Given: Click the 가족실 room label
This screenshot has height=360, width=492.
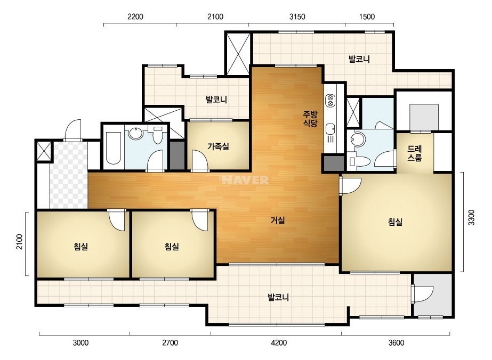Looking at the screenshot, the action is tap(218, 146).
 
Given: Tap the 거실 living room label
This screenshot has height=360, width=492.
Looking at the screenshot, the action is tap(278, 220).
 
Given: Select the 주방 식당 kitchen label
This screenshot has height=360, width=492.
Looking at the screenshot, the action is tap(310, 118).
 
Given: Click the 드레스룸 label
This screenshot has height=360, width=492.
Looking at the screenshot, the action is tap(415, 153).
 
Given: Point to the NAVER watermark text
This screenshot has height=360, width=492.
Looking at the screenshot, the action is tap(245, 180).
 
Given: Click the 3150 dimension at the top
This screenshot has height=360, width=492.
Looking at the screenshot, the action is tap(297, 17).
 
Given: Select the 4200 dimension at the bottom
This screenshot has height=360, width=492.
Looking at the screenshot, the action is tap(279, 343).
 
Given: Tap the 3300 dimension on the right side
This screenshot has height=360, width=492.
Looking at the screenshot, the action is tap(472, 217).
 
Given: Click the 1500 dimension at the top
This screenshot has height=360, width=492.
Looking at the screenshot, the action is tap(367, 17).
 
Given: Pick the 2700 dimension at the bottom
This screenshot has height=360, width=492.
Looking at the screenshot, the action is tap(170, 343).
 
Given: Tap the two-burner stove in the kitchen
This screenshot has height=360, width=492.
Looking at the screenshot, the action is tap(330, 100).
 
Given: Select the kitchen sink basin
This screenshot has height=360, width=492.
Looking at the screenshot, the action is tap(330, 128).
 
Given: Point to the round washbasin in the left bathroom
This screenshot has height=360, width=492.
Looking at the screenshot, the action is tap(135, 133).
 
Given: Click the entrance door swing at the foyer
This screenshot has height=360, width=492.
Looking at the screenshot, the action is tap(73, 130).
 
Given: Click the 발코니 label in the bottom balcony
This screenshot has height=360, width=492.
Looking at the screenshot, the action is tap(278, 297).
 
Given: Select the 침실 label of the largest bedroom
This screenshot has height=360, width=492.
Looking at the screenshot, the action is tap(395, 222).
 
